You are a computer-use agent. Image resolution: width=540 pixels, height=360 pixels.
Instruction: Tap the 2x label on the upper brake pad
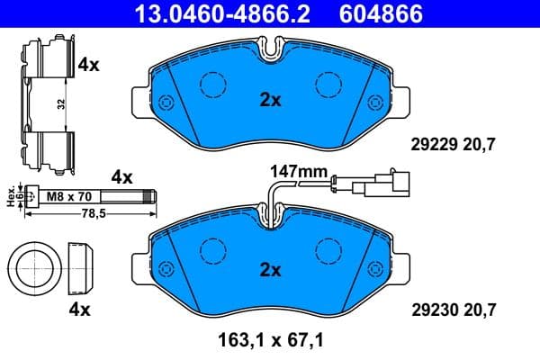point(270,101)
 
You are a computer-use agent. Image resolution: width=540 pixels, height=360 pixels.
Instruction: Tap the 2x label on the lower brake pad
point(270,269)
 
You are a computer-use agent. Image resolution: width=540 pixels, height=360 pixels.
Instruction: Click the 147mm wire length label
point(296,170)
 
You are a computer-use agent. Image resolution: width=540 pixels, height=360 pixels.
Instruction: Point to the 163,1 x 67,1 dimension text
point(270,342)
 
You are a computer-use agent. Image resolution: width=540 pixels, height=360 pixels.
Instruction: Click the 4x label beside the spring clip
point(87,65)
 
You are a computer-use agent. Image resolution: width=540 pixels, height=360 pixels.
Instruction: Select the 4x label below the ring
point(80,310)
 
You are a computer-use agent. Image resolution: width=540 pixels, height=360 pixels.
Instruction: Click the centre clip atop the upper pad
point(270,47)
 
